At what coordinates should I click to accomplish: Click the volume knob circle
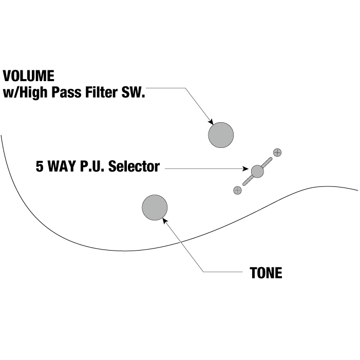tap(221, 136)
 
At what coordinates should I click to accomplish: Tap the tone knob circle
tap(155, 207)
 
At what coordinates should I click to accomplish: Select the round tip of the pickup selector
tap(257, 171)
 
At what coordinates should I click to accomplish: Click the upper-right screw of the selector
tap(277, 152)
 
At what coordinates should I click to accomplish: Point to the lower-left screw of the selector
tap(237, 191)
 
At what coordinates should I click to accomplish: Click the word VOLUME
tap(29, 76)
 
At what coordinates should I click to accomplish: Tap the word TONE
tap(266, 273)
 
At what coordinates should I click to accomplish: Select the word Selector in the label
tap(134, 167)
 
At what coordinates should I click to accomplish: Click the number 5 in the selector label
tap(40, 167)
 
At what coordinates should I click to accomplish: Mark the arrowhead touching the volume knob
tap(211, 122)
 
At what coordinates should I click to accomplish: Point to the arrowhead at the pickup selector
tap(246, 168)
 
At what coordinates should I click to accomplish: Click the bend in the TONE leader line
tap(204, 272)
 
